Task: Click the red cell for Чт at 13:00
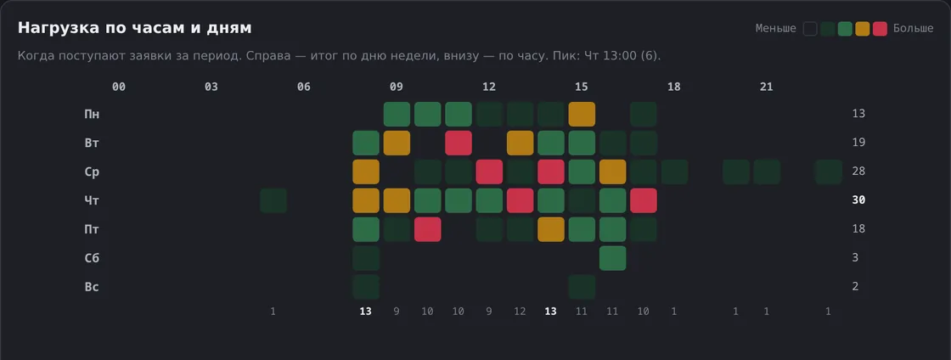[x=521, y=200]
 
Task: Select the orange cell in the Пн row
[x=582, y=114]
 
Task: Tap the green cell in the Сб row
[x=612, y=258]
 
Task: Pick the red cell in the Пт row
[x=428, y=230]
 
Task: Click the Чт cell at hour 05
[x=273, y=200]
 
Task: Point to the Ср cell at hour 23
[x=829, y=172]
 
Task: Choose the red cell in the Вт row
[x=459, y=143]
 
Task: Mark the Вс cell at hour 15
[x=582, y=287]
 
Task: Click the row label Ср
[x=92, y=172]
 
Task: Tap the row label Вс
[x=92, y=287]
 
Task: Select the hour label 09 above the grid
[x=396, y=87]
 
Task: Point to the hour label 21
[x=767, y=87]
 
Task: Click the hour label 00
[x=119, y=87]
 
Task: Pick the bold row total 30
[x=858, y=200]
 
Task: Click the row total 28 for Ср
[x=858, y=172]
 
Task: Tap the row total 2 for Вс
[x=855, y=287]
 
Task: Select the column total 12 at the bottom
[x=520, y=312]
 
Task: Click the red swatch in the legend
[x=880, y=29]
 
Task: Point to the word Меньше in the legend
[x=776, y=29]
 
